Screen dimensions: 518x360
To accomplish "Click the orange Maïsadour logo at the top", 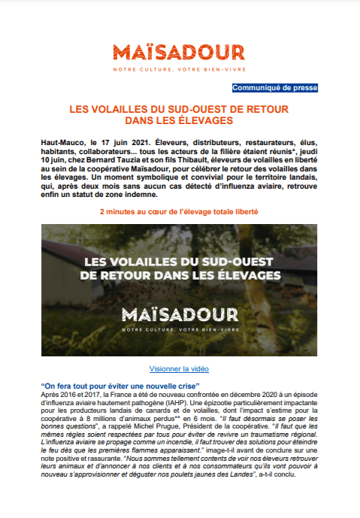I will [x=179, y=53].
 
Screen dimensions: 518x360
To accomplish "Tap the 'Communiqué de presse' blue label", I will [x=275, y=88].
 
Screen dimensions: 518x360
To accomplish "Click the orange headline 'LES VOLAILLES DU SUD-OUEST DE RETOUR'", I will [x=179, y=109].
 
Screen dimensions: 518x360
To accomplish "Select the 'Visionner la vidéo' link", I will [x=180, y=369].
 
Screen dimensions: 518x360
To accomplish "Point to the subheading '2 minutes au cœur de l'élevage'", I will [x=180, y=212].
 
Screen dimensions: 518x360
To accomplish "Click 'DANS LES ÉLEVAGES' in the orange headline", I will [x=179, y=120].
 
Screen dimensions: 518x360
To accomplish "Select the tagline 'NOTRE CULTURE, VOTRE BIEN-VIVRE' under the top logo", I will [x=179, y=69].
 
